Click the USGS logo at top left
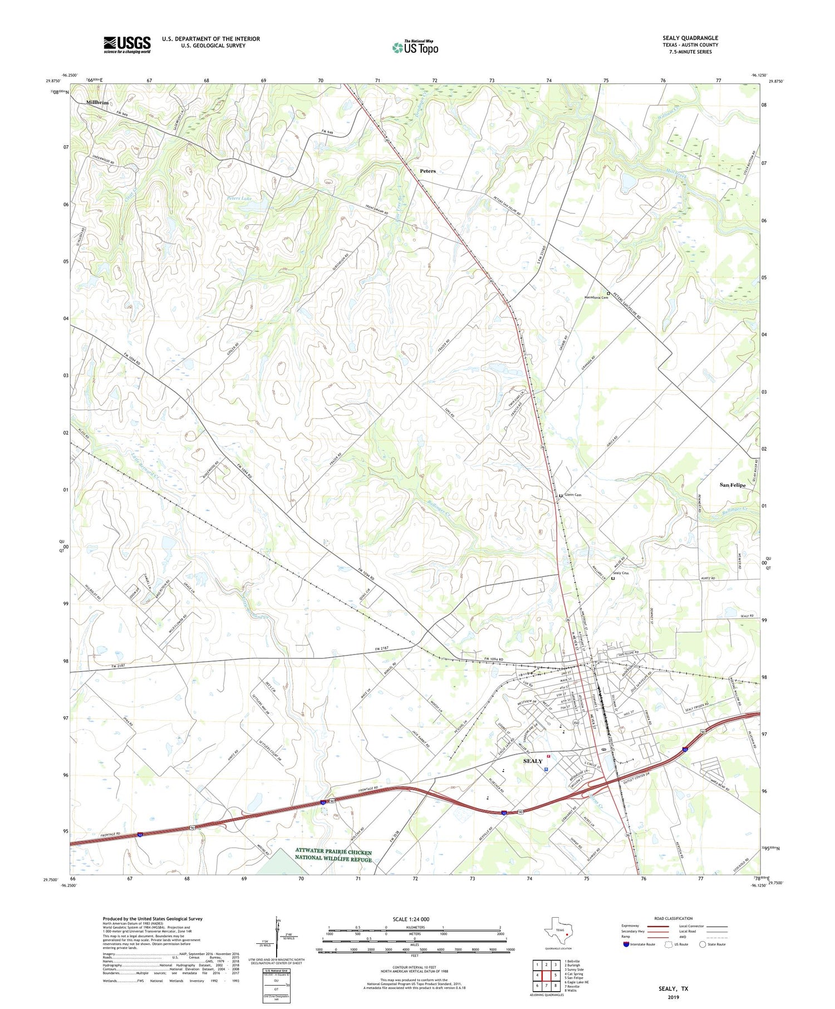[127, 45]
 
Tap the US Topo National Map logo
[415, 48]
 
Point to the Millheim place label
[97, 102]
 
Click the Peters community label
[428, 171]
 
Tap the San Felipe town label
[732, 485]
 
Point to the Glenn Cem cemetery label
[573, 495]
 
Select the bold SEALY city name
[533, 761]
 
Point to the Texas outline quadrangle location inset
[559, 929]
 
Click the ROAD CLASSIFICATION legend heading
[674, 918]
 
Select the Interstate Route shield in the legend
[627, 944]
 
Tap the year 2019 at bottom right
[674, 997]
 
